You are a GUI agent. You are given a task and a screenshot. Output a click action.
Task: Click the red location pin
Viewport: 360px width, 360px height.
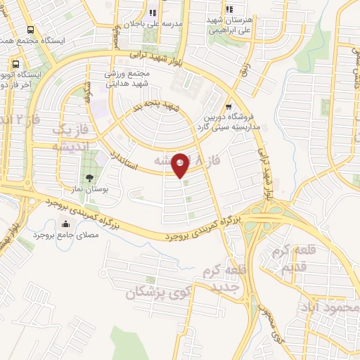181,165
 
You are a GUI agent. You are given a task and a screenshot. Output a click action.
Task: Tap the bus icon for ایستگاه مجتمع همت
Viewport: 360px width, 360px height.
30,30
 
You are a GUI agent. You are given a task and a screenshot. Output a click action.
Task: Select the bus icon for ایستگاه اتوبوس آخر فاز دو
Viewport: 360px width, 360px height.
15,65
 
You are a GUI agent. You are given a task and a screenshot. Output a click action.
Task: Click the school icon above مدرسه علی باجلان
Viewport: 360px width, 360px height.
153,13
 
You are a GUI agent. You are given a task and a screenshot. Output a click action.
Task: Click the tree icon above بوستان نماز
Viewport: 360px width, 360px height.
89,177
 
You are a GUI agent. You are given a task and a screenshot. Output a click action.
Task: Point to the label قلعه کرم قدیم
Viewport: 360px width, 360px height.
293,261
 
